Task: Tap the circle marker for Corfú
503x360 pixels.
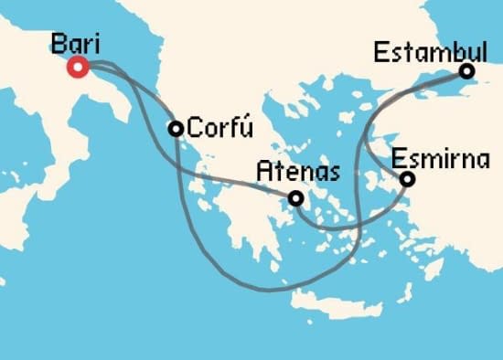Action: [176, 129]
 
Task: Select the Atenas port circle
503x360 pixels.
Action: [295, 197]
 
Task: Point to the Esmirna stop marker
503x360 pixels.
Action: [408, 179]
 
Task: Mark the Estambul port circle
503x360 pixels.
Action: [467, 71]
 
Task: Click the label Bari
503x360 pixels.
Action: [77, 43]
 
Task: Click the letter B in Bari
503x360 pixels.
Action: [59, 43]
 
